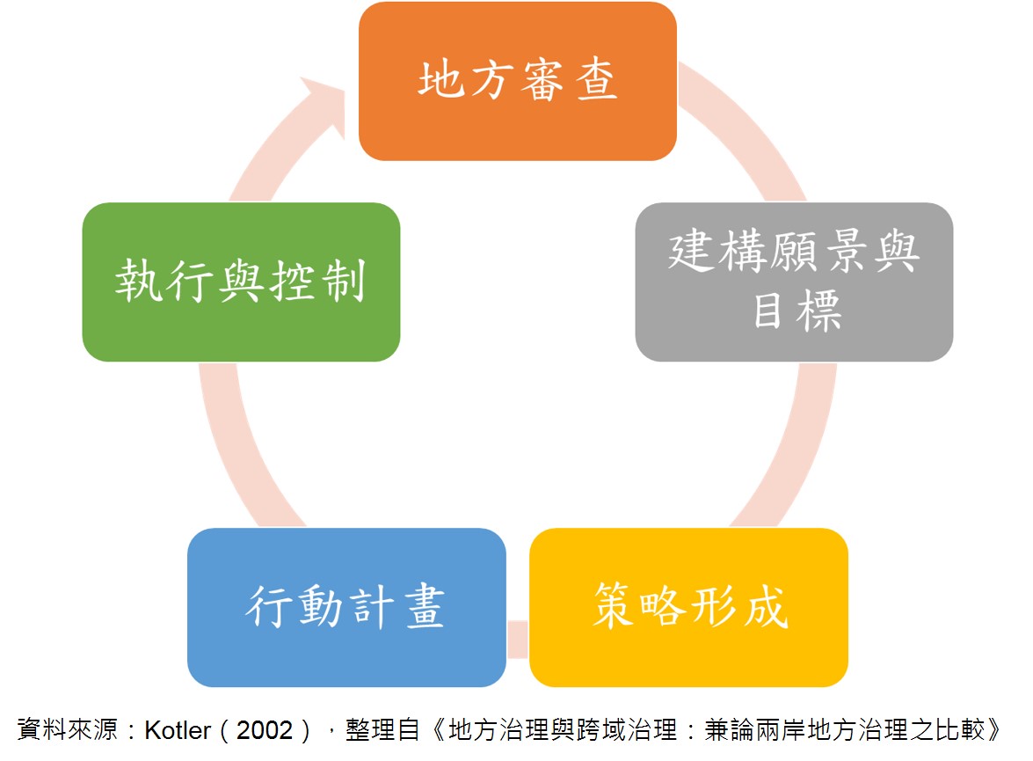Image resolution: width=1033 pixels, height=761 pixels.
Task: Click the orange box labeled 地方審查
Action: coord(517,81)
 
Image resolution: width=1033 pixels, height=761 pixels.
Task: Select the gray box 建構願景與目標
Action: coord(794,282)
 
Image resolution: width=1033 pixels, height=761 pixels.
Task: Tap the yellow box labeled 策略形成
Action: coord(688,607)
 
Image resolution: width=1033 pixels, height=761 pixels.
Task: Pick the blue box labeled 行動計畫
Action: coord(346,607)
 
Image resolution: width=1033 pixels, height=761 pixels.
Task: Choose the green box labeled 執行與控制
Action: coord(241,282)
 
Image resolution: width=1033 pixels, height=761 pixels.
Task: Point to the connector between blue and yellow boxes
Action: coord(518,639)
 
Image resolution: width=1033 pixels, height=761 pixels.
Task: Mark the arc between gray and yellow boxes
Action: coord(800,449)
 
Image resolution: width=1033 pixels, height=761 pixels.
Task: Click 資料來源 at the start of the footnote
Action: coord(67,730)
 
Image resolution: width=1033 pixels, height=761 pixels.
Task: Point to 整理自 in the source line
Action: coord(382,730)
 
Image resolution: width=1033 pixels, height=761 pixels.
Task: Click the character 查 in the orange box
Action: coord(597,80)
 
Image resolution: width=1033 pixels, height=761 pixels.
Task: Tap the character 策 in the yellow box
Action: coord(614,604)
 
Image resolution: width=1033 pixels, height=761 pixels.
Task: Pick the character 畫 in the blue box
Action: coord(425,606)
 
